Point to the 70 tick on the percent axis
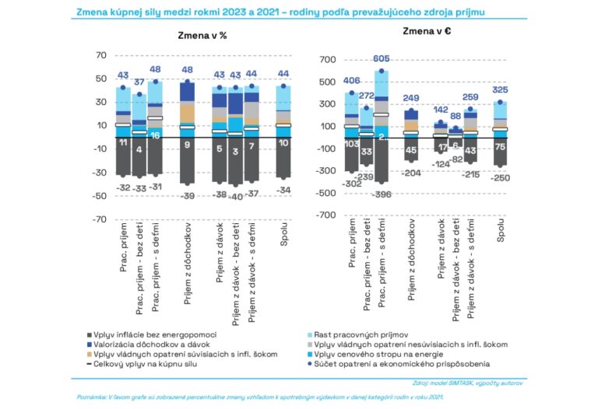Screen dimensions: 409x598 coord(100,55)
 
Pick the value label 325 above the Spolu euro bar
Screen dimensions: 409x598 coord(501,89)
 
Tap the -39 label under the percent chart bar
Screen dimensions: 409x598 coord(187,196)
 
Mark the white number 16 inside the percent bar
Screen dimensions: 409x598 coord(156,135)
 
